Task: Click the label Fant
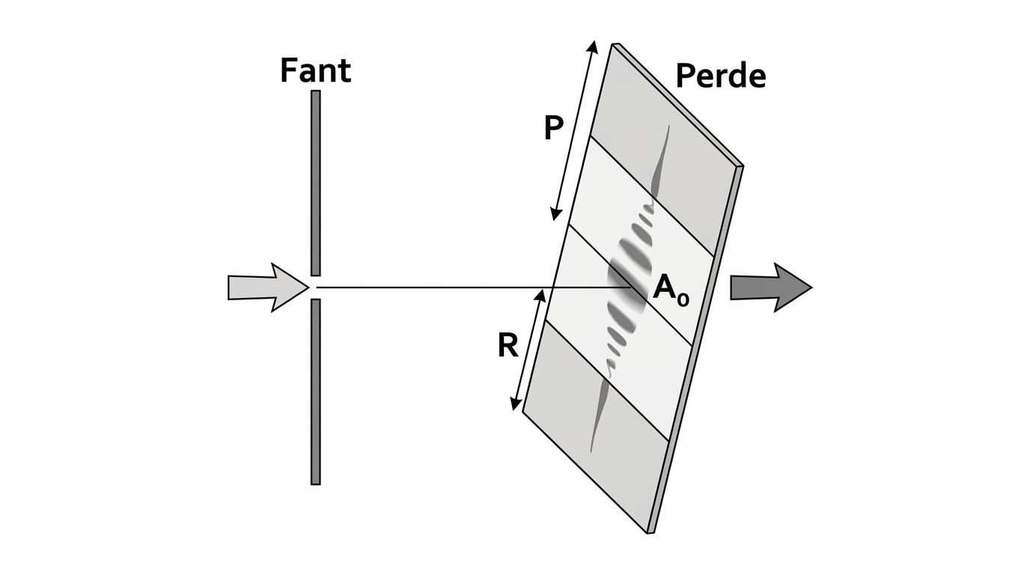point(315,70)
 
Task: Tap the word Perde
point(721,76)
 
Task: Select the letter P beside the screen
point(554,128)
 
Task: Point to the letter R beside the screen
point(508,345)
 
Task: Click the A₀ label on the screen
point(671,289)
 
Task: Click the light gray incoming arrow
point(269,287)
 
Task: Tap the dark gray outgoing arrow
point(771,287)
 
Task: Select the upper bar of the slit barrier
point(315,183)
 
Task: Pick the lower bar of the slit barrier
point(315,392)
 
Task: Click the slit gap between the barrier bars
point(315,287)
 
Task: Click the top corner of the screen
point(613,44)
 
